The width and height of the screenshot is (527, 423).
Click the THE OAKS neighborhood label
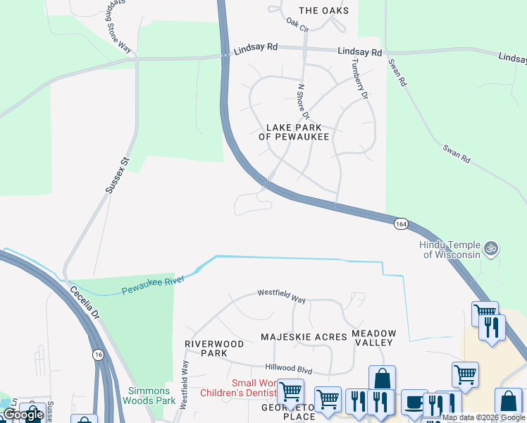[x=323, y=11]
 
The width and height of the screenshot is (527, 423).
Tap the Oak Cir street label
[x=298, y=25]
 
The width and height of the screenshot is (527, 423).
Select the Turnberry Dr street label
[x=360, y=78]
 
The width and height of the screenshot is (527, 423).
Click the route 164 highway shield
[x=401, y=223]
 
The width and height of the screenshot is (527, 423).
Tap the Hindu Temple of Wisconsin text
[x=449, y=249]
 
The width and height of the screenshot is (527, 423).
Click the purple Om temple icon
[x=492, y=249]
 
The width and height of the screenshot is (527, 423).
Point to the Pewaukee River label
[x=153, y=286]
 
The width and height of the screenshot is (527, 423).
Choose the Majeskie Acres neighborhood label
[x=304, y=337]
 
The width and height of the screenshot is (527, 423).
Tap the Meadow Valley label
[x=373, y=338]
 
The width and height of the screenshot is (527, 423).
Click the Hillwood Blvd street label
[x=288, y=368]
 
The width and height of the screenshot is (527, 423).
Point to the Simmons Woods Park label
[x=149, y=396]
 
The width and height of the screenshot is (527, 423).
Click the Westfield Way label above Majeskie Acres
[x=281, y=295]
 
